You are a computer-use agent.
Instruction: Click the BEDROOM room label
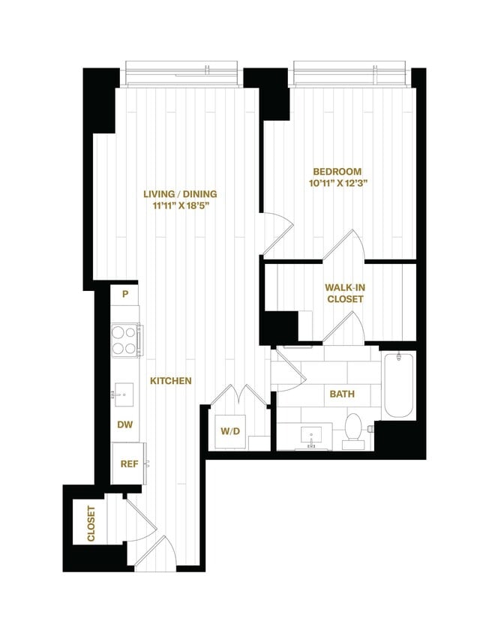[x=337, y=171]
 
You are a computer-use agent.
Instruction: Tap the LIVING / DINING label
[x=175, y=194]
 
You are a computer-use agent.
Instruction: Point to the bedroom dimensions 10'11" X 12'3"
[x=337, y=182]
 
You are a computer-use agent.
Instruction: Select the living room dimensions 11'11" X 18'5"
[x=175, y=205]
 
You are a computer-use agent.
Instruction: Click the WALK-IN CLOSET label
[x=344, y=293]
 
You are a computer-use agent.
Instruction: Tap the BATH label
[x=342, y=394]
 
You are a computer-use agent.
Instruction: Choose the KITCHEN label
[x=171, y=381]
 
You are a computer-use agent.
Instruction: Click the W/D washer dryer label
[x=229, y=430]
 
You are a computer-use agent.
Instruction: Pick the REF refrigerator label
[x=129, y=463]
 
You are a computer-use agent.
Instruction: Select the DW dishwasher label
[x=125, y=424]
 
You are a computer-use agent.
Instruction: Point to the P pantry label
[x=126, y=293]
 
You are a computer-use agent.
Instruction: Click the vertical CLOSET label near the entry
[x=91, y=524]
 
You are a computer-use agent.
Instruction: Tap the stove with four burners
[x=124, y=339]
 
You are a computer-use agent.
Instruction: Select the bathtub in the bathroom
[x=397, y=386]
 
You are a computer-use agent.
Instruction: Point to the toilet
[x=352, y=428]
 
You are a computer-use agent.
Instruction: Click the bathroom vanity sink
[x=311, y=434]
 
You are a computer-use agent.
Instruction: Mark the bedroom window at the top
[x=352, y=74]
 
